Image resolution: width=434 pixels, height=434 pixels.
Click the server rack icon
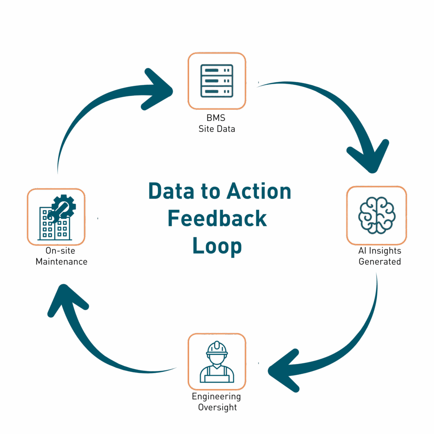(217, 81)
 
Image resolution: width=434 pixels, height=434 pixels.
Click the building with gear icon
(56, 217)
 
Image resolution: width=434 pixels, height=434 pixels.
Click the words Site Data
(217, 129)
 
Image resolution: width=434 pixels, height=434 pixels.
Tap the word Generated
(379, 262)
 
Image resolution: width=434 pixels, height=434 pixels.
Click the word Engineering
(216, 397)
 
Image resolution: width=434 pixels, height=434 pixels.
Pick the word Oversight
(216, 407)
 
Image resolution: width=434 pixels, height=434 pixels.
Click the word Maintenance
(61, 262)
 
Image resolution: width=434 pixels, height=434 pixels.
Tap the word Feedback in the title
(217, 218)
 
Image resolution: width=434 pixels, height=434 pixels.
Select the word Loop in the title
(217, 246)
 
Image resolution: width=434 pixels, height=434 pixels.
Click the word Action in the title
(259, 192)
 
